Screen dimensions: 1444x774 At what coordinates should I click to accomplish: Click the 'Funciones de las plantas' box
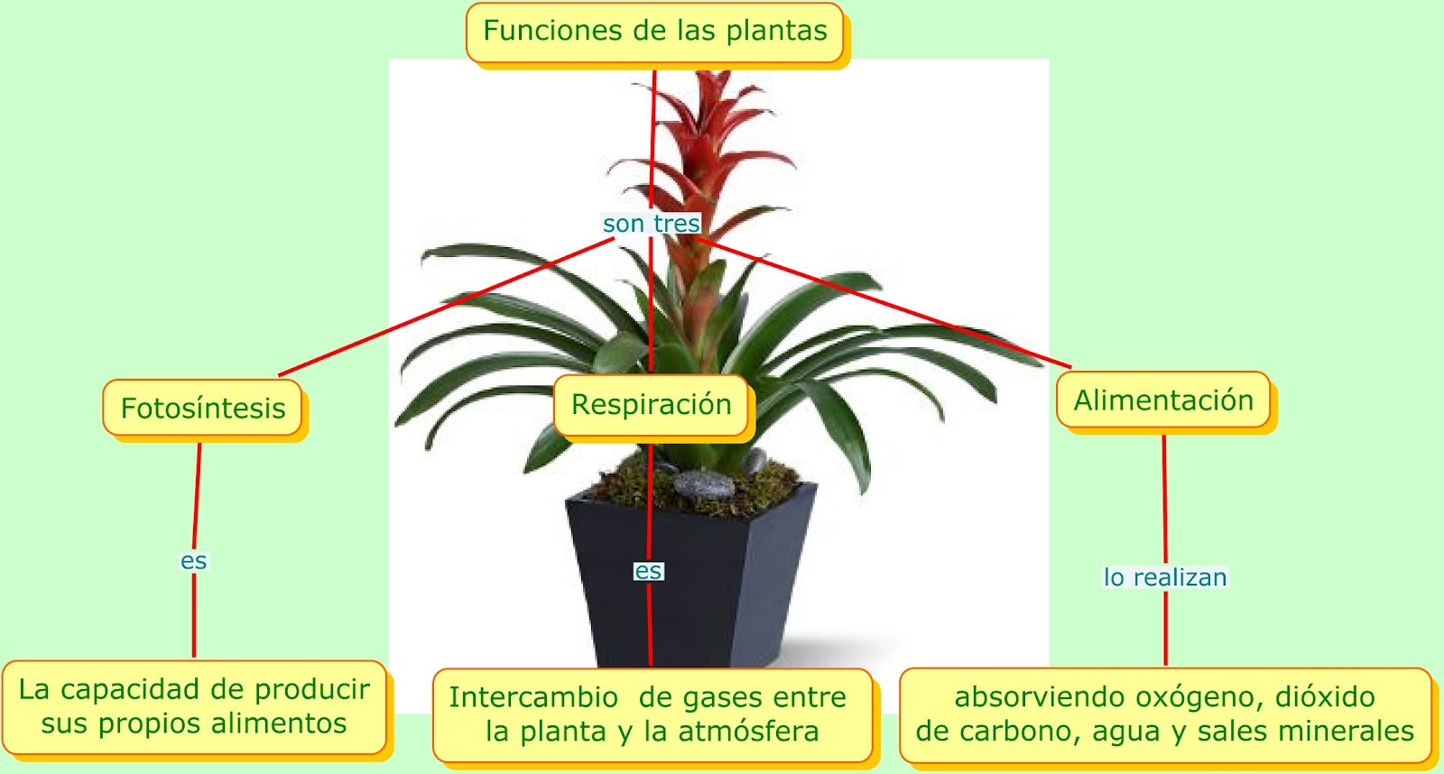[655, 32]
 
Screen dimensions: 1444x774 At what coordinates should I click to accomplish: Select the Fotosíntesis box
[203, 409]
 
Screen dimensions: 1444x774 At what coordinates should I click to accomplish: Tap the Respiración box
[652, 405]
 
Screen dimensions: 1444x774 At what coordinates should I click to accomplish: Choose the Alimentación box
[1163, 401]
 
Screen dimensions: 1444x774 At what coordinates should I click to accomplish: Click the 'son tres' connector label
[651, 224]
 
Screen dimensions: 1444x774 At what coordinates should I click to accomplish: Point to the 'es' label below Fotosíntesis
[193, 561]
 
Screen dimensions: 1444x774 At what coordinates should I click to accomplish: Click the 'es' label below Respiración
[648, 571]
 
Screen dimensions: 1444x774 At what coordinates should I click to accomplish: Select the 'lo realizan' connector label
[1165, 577]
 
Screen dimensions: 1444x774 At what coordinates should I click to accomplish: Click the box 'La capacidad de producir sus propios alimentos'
[194, 706]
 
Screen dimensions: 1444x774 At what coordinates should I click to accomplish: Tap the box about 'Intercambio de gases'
[648, 714]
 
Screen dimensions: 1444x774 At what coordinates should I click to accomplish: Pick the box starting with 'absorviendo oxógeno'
[1165, 714]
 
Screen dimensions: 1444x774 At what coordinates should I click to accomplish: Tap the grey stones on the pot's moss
[704, 485]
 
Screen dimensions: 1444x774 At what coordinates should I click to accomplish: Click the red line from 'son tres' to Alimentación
[884, 304]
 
